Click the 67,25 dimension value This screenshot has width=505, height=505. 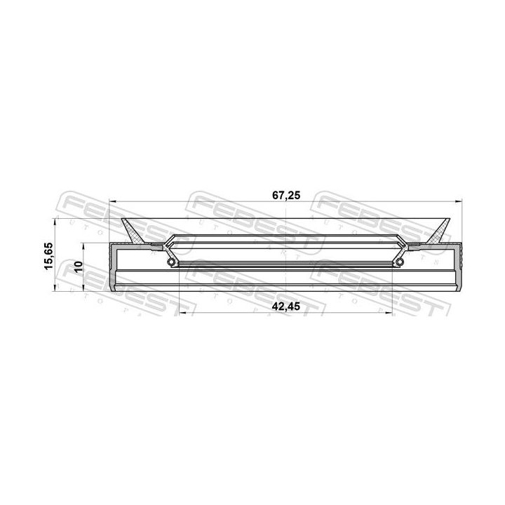point(286,196)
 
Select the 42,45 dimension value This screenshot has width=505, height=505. point(286,307)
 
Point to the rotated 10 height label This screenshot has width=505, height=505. point(79,267)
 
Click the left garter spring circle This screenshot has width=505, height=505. point(172,262)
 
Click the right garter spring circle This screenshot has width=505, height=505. point(400,262)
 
